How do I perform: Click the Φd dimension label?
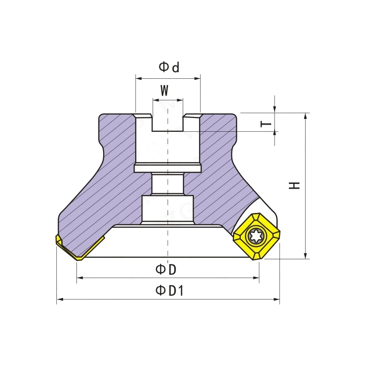tap(169, 67)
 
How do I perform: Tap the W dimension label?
tap(164, 90)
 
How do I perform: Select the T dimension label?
tap(266, 124)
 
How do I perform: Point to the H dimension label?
tap(294, 185)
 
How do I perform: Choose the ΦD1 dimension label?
tap(170, 290)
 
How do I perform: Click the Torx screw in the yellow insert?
tap(256, 235)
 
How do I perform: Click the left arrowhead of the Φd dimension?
tap(138, 78)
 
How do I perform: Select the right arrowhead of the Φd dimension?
tap(197, 78)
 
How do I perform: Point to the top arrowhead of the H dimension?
tap(306, 116)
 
